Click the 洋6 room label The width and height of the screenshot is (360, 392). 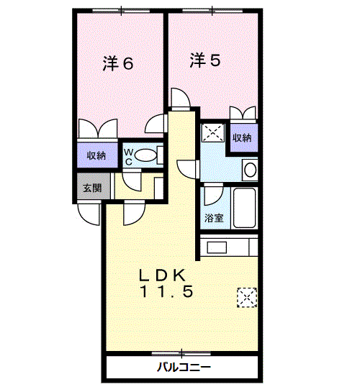coord(118,63)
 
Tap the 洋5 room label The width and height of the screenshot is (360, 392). coord(205,60)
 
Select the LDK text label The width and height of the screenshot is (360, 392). coord(163,275)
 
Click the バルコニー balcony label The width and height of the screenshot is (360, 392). coord(184,368)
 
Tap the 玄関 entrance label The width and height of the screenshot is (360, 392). coord(92,188)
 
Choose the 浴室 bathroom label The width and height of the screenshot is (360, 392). coord(214,218)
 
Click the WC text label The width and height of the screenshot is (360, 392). coord(129,157)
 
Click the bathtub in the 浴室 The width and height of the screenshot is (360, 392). coord(244,208)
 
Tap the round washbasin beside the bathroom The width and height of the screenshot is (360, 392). coord(250,170)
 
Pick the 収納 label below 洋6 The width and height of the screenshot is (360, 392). coord(96,156)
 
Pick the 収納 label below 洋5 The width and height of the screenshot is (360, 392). coord(242,138)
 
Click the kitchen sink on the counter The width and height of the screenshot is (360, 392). coord(217,247)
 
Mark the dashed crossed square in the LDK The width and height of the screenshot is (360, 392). coord(247,298)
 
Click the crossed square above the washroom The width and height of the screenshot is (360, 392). coord(213,132)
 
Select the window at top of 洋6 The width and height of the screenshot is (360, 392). coord(122,11)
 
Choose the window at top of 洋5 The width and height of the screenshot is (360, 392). coord(212,11)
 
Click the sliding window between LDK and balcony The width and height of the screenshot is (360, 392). coord(181,353)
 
